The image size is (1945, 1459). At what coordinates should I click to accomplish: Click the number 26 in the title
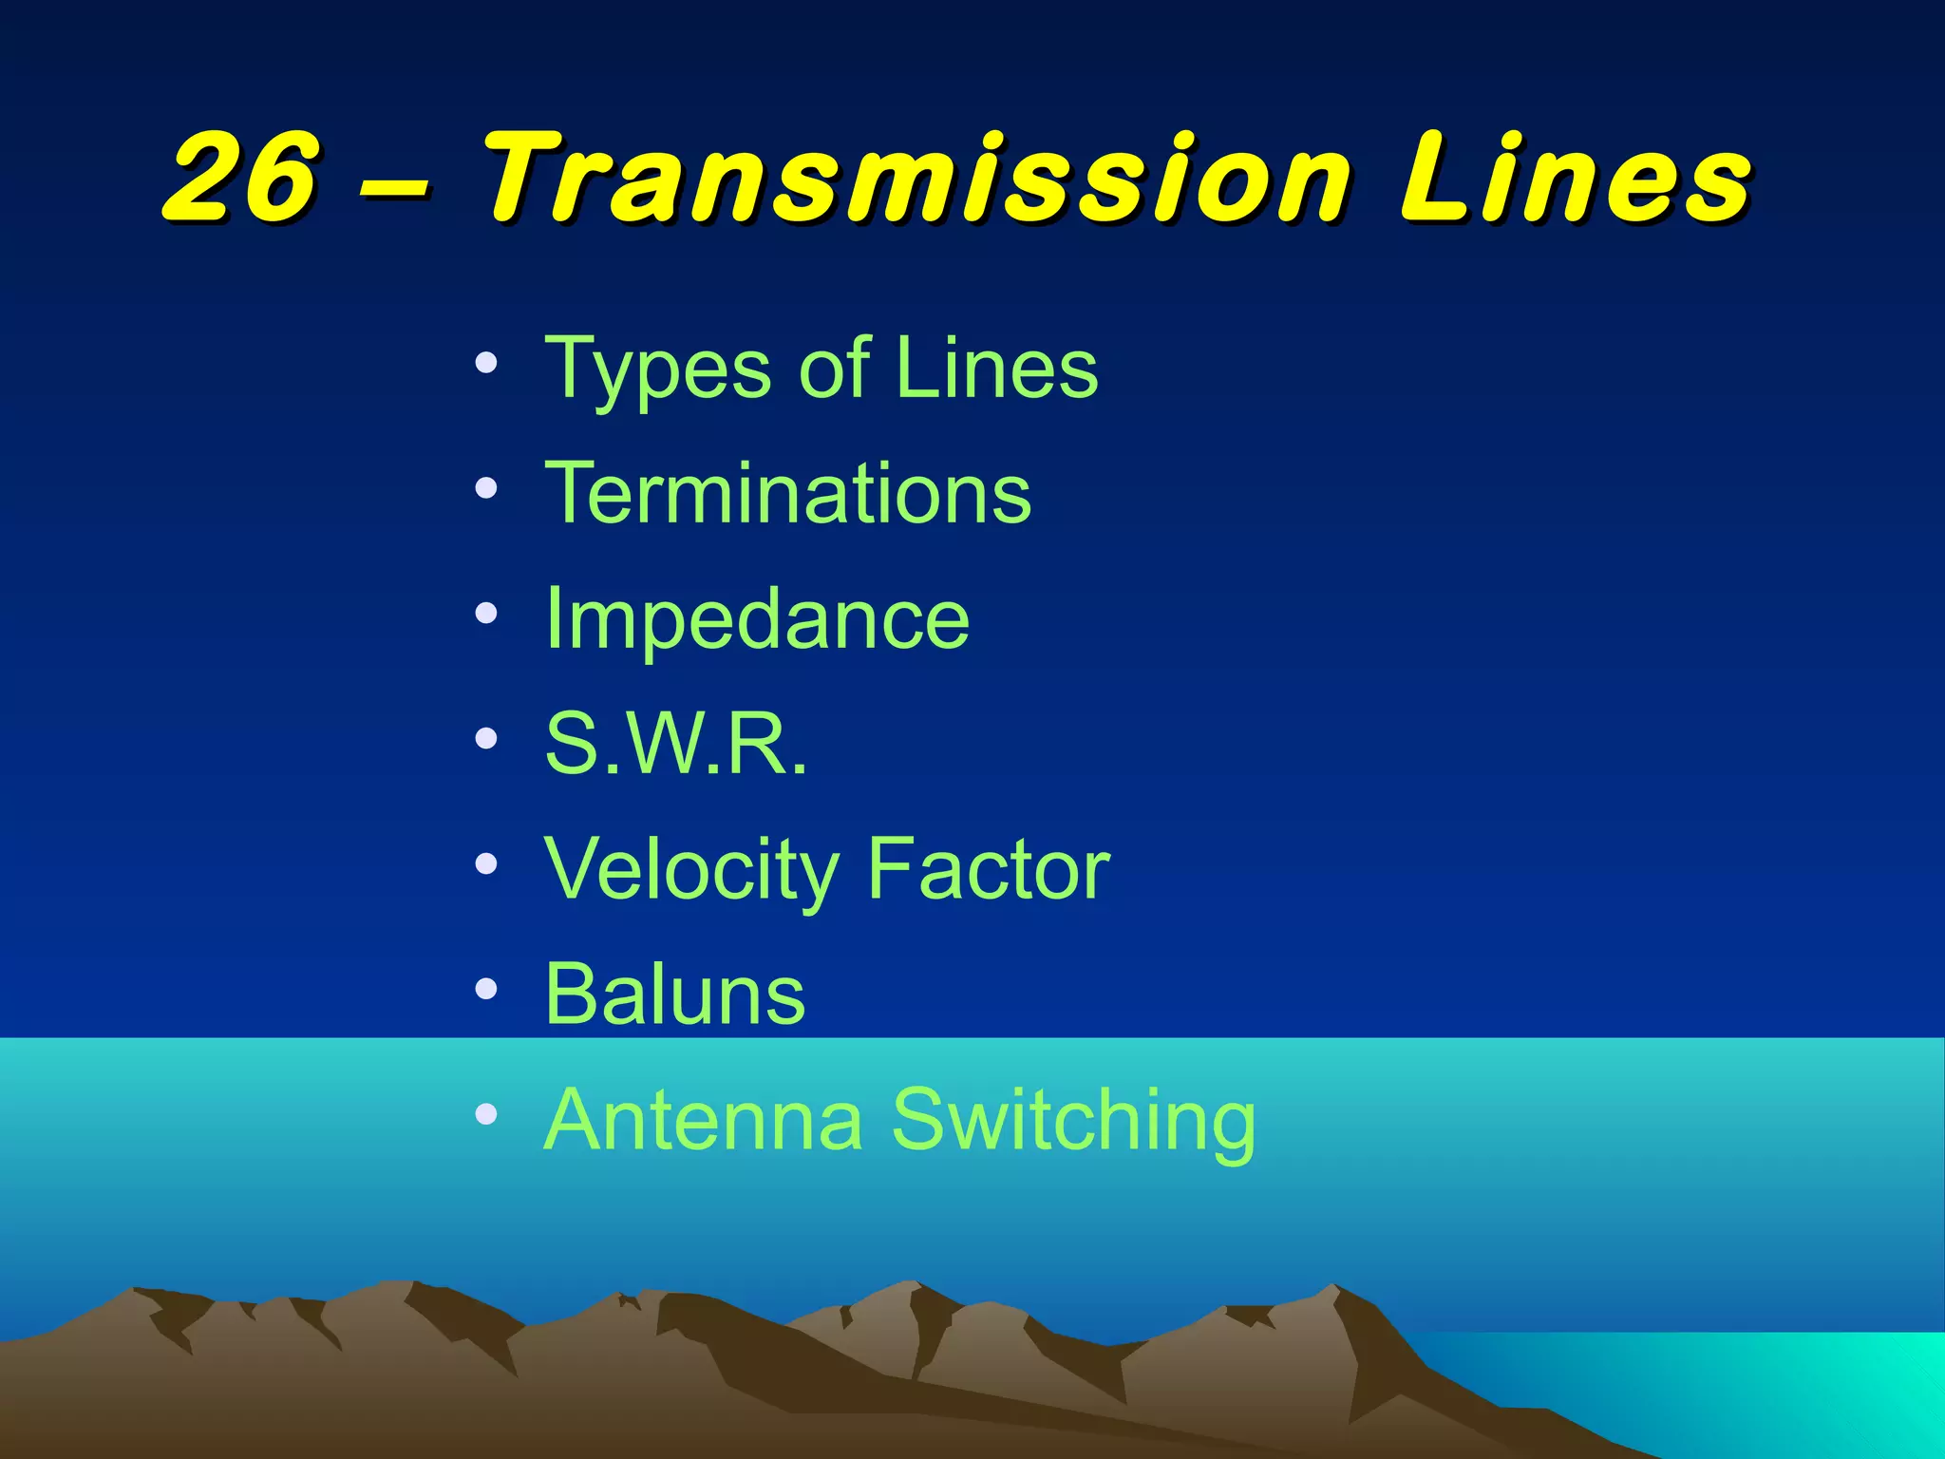tap(242, 178)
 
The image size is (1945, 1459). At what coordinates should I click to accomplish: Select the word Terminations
tap(787, 493)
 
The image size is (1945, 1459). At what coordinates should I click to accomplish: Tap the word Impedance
tap(757, 619)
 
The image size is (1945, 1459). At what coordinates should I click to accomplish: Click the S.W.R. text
tap(675, 744)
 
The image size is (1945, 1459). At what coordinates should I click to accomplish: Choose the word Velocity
tap(691, 870)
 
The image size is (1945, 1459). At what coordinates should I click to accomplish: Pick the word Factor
tap(988, 869)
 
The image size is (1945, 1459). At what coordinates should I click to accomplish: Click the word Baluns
tap(675, 995)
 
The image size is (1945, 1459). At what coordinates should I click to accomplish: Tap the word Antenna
tap(703, 1120)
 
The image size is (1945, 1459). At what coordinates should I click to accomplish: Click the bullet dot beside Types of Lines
tap(486, 364)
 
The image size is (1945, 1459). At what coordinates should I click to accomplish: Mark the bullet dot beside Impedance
tap(486, 615)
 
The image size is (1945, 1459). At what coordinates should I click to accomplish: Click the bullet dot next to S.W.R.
tap(486, 739)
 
